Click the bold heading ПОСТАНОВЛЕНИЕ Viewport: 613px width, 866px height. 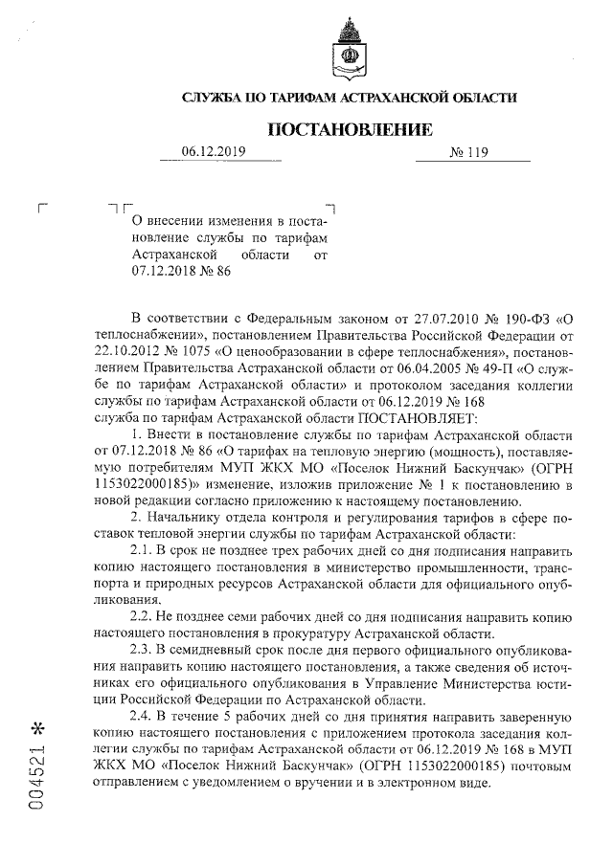(349, 129)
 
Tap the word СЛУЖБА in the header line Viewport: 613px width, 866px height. (212, 98)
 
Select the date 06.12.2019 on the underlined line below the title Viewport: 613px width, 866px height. (214, 151)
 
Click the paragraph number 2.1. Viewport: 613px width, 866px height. (142, 552)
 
